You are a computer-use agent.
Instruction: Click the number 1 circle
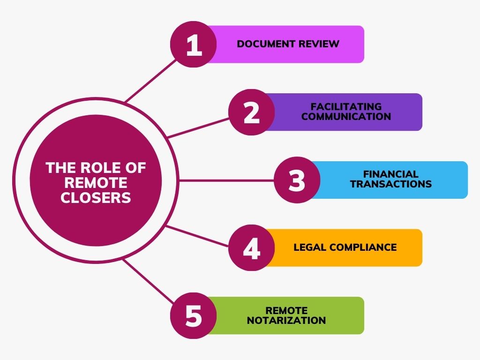click(x=194, y=45)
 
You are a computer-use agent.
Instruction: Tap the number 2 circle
click(x=252, y=112)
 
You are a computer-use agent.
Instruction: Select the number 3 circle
click(x=297, y=180)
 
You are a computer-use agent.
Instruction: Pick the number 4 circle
click(x=252, y=247)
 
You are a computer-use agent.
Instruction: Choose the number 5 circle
click(x=194, y=315)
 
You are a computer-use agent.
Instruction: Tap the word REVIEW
click(x=319, y=44)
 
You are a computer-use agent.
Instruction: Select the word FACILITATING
click(x=346, y=106)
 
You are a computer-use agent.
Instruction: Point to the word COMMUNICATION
click(x=346, y=116)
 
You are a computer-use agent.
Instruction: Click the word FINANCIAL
click(x=391, y=174)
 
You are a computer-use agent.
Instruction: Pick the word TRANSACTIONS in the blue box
click(x=391, y=184)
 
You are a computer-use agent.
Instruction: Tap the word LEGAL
click(x=310, y=247)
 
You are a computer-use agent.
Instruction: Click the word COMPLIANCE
click(x=363, y=247)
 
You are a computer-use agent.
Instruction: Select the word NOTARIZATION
click(x=286, y=320)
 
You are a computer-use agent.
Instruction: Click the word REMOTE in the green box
click(x=286, y=310)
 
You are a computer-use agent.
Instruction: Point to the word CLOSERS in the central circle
click(x=96, y=197)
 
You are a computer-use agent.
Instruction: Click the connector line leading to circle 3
click(x=226, y=180)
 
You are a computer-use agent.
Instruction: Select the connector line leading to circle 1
click(x=151, y=81)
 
